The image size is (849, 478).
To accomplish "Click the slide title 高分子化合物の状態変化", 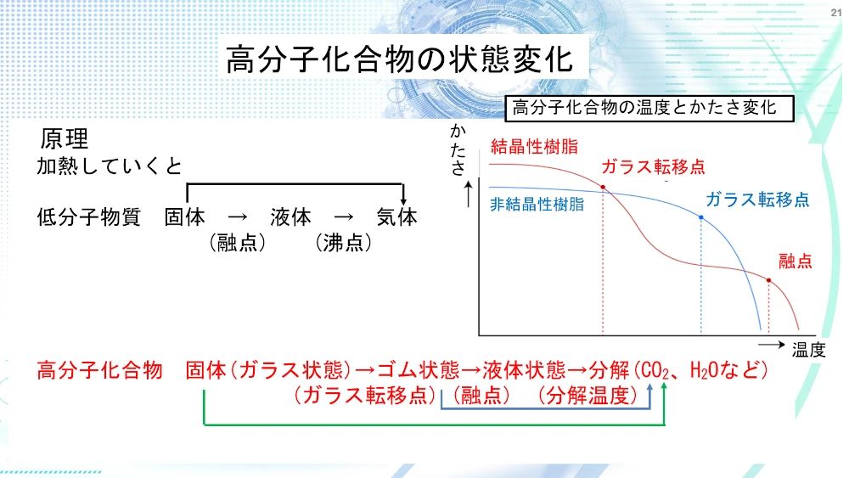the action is (400, 59).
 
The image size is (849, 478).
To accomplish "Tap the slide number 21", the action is (836, 13).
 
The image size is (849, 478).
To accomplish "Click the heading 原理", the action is (64, 138).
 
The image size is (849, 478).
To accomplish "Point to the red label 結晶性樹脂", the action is (534, 146).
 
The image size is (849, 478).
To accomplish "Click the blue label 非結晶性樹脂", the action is (537, 204).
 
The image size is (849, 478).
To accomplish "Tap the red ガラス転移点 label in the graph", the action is (653, 166).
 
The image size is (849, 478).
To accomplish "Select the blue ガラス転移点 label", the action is (757, 200).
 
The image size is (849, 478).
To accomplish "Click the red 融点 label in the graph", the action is (796, 261).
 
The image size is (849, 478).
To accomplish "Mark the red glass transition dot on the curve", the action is (603, 188).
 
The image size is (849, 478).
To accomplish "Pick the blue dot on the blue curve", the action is (701, 217).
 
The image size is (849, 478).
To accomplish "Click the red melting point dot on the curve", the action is (769, 280).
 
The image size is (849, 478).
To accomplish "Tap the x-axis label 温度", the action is (808, 351).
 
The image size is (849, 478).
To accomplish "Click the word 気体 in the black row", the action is (397, 217).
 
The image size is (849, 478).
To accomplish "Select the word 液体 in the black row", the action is (291, 217).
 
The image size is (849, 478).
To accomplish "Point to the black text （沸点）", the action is (343, 243).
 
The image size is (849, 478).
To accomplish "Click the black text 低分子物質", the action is (89, 217).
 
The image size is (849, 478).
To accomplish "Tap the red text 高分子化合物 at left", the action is (99, 371).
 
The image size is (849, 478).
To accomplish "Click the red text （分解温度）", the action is (588, 396).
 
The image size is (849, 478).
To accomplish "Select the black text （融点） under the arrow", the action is (237, 243).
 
